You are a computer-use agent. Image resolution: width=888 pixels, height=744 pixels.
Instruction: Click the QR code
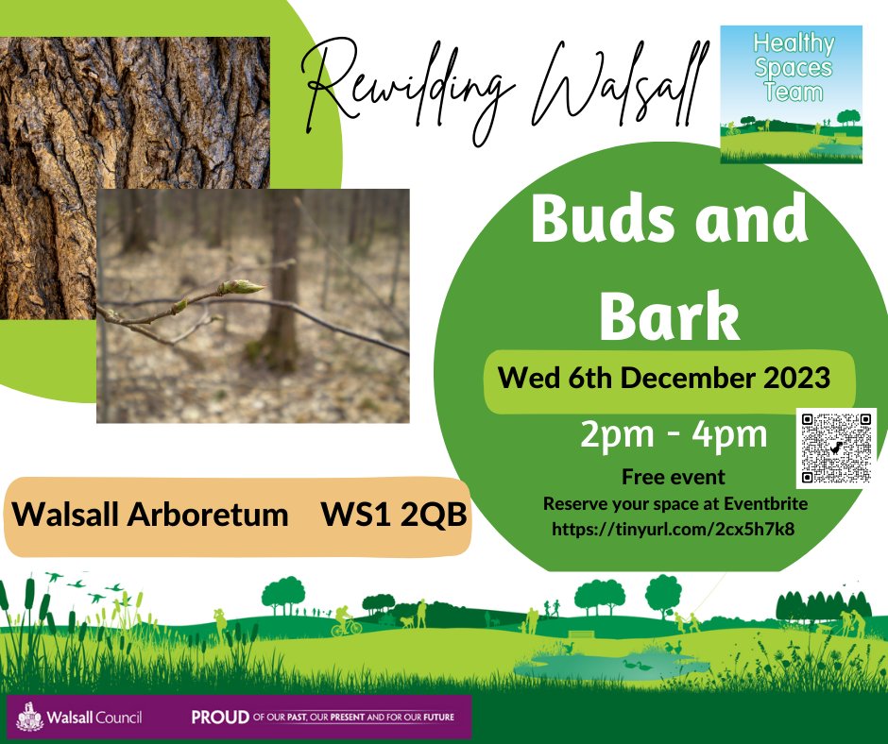[x=836, y=447]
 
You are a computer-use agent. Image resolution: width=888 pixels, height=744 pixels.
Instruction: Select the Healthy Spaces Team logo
[x=791, y=93]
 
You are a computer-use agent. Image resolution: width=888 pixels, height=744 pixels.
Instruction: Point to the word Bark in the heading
[x=669, y=312]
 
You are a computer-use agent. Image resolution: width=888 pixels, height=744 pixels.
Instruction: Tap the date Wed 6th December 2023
[x=665, y=379]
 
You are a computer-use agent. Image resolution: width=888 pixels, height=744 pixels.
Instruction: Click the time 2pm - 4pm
[x=672, y=435]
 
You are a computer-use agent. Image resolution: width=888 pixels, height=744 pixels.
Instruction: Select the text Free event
[x=673, y=478]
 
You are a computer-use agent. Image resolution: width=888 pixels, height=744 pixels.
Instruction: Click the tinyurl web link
[x=673, y=529]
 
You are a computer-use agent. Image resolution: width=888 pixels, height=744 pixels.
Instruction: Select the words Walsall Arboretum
[x=151, y=515]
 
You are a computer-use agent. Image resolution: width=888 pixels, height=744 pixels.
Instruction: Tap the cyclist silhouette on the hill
[x=343, y=621]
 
